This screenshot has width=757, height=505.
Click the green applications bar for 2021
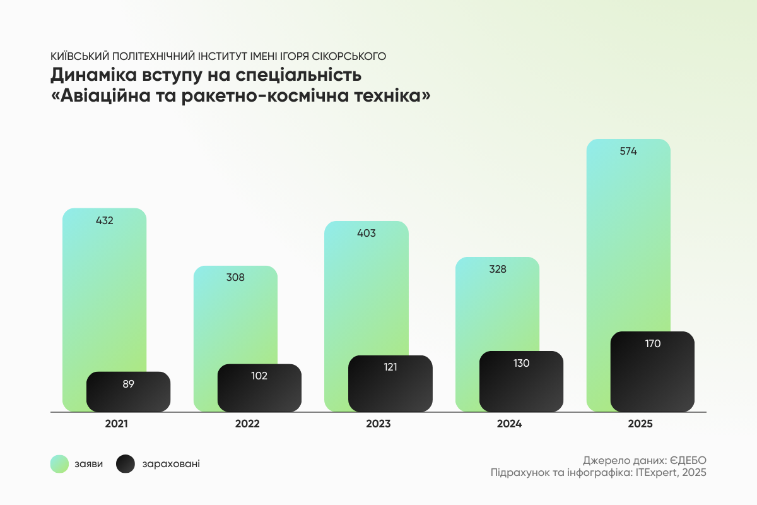(104, 290)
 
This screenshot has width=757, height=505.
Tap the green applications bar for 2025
(628, 240)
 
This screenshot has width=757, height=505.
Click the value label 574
(628, 151)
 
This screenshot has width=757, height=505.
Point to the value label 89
(128, 383)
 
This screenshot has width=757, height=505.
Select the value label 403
(366, 233)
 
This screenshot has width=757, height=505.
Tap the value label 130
(521, 363)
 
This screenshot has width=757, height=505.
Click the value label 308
(235, 277)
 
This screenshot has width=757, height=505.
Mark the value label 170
(652, 343)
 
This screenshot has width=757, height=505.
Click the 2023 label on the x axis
(378, 424)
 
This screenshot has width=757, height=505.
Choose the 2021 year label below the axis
(116, 424)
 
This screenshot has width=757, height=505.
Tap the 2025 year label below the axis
(640, 424)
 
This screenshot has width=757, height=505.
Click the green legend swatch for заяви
(59, 464)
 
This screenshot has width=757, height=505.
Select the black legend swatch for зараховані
(126, 464)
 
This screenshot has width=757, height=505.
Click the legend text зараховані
(172, 464)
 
